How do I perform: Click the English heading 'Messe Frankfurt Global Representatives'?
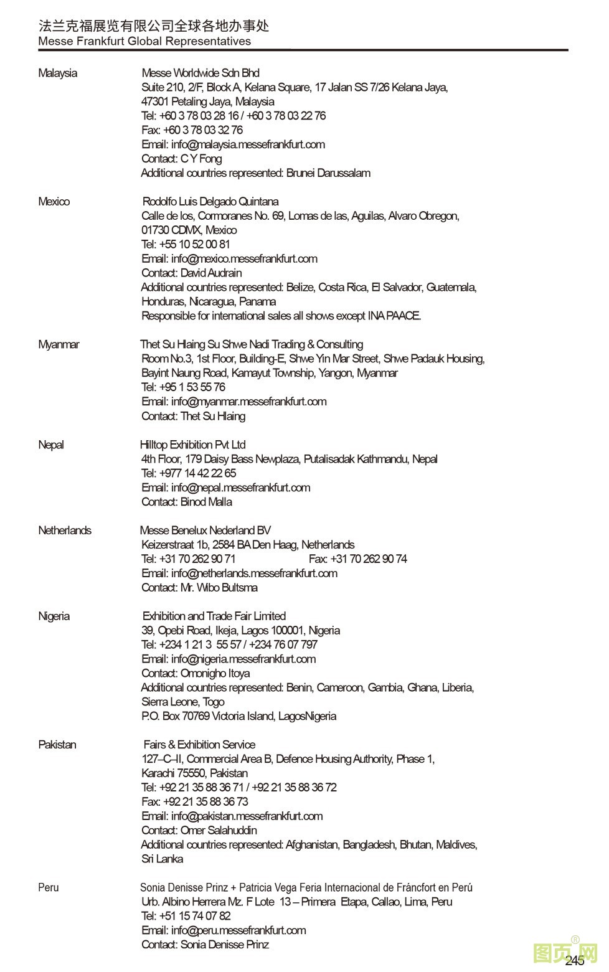pos(144,41)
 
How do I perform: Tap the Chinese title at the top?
pos(154,26)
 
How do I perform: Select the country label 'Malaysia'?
pos(58,73)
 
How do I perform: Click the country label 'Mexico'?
pos(54,201)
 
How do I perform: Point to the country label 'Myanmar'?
pos(59,344)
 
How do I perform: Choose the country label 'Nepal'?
pos(51,445)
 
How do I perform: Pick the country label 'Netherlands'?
pos(65,530)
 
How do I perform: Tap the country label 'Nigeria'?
pos(54,616)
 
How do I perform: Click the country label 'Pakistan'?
pos(57,744)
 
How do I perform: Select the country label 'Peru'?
pos(49,887)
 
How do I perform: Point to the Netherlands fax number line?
pos(357,559)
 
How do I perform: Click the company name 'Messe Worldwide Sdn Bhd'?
pos(201,73)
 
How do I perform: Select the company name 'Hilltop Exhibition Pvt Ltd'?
pos(193,445)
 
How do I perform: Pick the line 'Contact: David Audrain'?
pos(192,273)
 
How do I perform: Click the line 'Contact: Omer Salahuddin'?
pos(199,830)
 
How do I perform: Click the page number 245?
pos(574,961)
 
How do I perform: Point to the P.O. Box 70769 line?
pos(239,716)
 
